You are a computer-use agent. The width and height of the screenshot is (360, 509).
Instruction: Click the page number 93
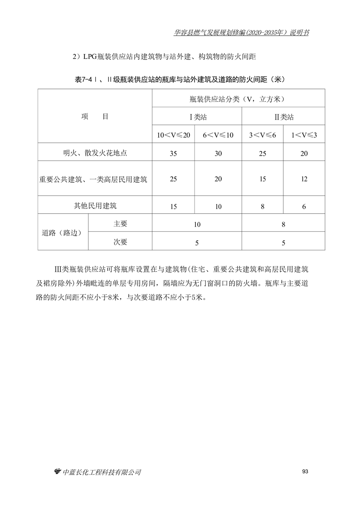click(305, 472)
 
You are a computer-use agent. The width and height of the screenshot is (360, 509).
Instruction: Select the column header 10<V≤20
click(173, 135)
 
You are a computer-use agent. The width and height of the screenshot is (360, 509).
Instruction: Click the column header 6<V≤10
click(218, 135)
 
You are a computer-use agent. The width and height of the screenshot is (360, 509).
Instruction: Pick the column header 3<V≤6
click(263, 135)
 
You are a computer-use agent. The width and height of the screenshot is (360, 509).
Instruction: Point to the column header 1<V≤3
click(304, 135)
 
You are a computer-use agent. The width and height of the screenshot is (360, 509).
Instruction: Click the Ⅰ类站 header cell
click(197, 117)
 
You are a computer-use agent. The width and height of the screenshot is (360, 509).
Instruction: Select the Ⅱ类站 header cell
click(284, 117)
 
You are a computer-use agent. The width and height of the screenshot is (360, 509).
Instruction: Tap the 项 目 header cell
click(95, 117)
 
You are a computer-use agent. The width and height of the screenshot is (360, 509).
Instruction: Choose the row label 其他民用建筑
click(95, 206)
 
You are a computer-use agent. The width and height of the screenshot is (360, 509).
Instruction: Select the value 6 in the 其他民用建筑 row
click(304, 206)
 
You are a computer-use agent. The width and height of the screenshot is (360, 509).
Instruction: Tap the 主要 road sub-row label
click(120, 224)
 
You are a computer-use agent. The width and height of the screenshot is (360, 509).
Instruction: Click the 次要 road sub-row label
click(120, 242)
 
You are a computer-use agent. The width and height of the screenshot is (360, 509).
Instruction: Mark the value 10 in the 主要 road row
click(197, 224)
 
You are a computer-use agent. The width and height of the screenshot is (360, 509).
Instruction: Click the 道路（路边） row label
click(63, 233)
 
